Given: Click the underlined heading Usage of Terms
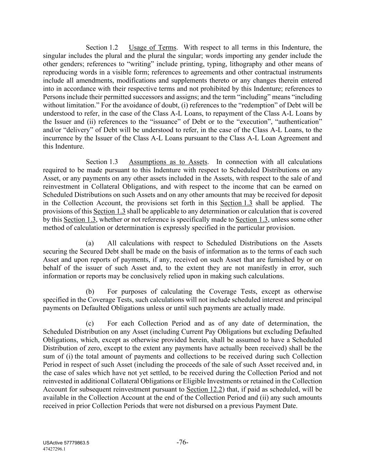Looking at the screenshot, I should point(152,47).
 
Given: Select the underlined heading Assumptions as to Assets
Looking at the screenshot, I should point(168,162).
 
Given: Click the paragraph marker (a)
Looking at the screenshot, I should point(90,243).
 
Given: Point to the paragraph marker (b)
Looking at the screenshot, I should point(90,291).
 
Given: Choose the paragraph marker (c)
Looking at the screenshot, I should point(90,323).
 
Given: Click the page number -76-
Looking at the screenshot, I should point(182,442).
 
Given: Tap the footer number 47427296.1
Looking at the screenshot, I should point(54,449).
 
